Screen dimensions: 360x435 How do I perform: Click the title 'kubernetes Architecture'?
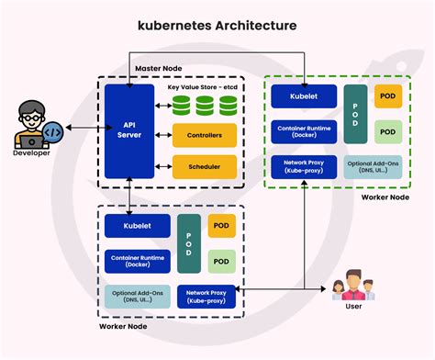[217, 26]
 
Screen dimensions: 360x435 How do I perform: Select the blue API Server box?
[128, 131]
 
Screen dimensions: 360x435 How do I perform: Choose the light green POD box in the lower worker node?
[222, 260]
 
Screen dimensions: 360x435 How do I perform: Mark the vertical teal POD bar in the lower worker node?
[188, 244]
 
